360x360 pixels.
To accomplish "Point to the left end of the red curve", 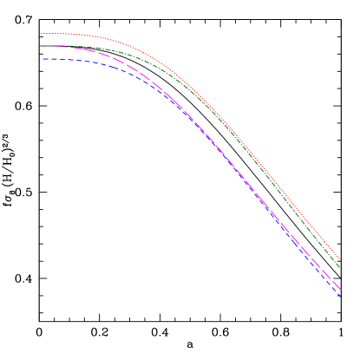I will pyautogui.click(x=41, y=34).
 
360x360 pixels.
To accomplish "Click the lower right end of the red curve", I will pyautogui.click(x=341, y=261).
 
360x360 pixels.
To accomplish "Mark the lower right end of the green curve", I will pyautogui.click(x=341, y=269).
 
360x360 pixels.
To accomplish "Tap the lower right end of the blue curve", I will pyautogui.click(x=341, y=298).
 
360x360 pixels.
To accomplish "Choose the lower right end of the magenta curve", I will pyautogui.click(x=341, y=291).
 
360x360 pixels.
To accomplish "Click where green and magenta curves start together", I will pyautogui.click(x=41, y=46).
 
